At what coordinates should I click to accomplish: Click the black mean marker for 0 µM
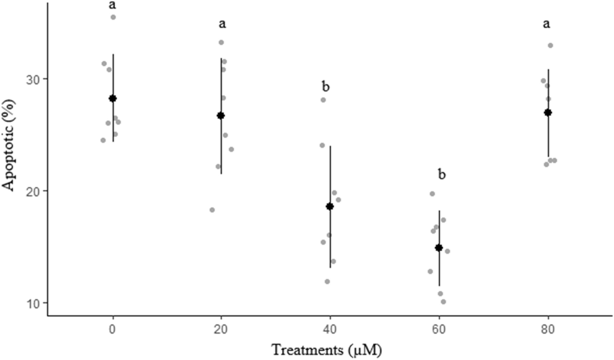click(x=112, y=99)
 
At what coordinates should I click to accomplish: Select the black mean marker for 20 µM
click(x=221, y=116)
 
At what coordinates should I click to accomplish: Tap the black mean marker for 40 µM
click(x=330, y=206)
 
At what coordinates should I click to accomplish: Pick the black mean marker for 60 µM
click(x=439, y=248)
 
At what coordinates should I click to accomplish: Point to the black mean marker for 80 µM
click(x=548, y=112)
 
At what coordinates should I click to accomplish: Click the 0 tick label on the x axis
click(x=112, y=330)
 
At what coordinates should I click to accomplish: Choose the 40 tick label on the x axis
click(x=330, y=330)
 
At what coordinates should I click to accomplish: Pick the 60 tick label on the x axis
click(x=439, y=330)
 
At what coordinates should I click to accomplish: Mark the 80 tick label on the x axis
click(x=548, y=330)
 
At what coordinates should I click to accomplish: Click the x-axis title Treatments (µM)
click(x=327, y=350)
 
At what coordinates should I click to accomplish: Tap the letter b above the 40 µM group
click(x=326, y=87)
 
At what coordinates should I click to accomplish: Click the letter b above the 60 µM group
click(x=442, y=174)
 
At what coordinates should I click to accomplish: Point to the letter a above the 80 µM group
click(x=547, y=24)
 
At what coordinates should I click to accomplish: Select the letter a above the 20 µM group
click(x=222, y=24)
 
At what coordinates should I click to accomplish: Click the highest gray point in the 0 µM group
click(x=113, y=17)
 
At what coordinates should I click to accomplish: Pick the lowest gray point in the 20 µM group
click(x=212, y=210)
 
